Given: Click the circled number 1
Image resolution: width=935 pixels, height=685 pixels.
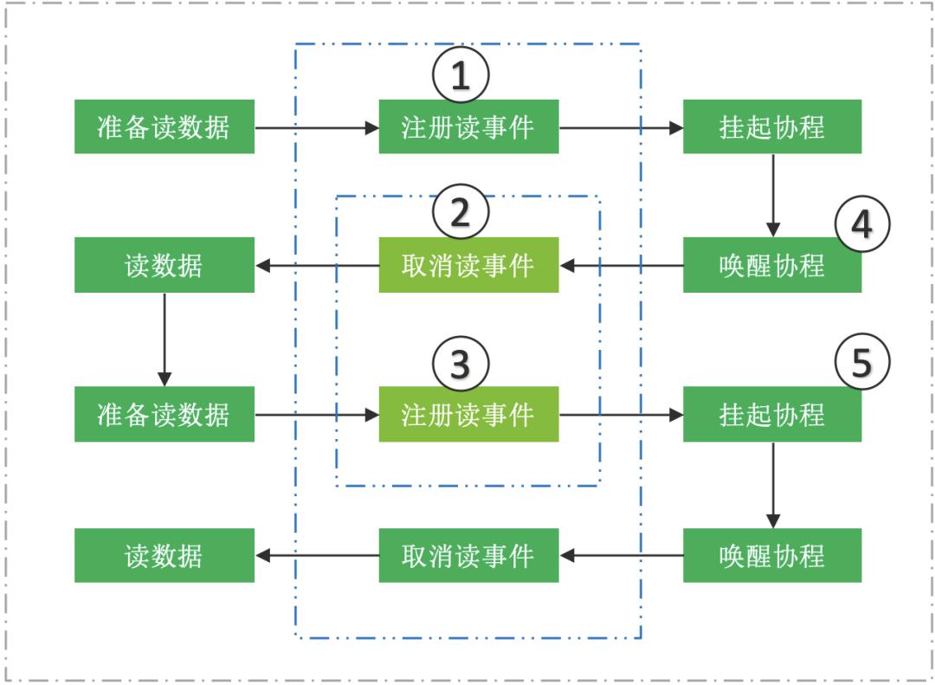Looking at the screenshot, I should (461, 76).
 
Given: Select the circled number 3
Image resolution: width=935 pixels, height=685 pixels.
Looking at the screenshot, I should (461, 364).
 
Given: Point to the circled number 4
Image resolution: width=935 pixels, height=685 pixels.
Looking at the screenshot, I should (862, 223).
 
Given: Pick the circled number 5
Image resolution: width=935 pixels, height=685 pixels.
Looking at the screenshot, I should (862, 364).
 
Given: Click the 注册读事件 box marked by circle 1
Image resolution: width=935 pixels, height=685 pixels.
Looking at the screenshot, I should (468, 127).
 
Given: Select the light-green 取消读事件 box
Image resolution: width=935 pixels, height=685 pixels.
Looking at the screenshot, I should (468, 265).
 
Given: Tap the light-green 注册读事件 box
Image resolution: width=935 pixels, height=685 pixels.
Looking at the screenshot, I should (468, 415).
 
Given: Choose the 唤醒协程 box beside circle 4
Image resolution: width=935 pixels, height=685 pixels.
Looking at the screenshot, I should (772, 265).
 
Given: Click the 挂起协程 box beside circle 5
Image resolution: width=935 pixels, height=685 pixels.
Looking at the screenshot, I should (772, 415).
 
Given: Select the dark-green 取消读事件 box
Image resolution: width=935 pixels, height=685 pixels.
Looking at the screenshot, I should (468, 555).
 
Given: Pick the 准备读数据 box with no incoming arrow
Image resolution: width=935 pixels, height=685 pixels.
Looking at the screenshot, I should (164, 127).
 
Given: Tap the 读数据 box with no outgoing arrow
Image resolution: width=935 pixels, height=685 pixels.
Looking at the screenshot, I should (164, 555).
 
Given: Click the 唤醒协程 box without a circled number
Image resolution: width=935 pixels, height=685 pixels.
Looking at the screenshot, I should (772, 555).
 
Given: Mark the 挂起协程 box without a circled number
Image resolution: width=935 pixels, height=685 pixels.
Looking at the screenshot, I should (772, 127).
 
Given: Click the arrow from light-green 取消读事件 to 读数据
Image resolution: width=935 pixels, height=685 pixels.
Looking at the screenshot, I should (317, 265).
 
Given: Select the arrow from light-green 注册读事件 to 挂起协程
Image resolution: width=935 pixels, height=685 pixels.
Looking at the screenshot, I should (621, 415).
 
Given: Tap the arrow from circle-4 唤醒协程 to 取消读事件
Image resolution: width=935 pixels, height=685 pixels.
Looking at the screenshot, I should (621, 265).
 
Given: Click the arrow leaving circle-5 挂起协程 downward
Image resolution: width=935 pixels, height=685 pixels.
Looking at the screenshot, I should (772, 485).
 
